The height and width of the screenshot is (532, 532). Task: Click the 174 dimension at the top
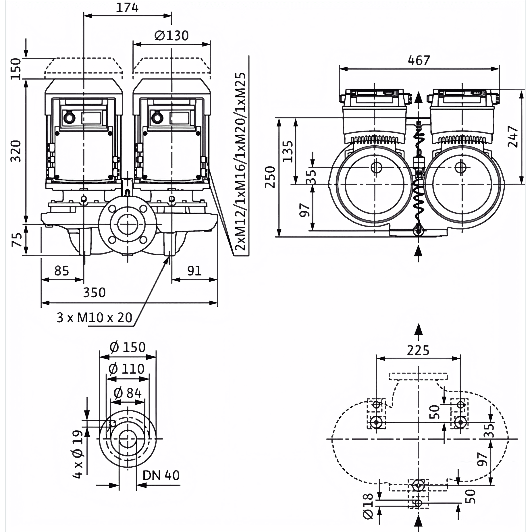(127, 8)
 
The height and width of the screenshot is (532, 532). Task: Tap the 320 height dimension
(16, 151)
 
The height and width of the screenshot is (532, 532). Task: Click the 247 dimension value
(513, 137)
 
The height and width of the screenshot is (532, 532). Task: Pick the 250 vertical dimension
(270, 177)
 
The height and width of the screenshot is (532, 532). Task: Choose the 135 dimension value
(288, 151)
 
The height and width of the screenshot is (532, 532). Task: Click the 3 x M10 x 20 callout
(94, 318)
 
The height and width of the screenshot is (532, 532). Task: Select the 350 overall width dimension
(95, 293)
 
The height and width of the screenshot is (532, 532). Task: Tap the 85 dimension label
(62, 271)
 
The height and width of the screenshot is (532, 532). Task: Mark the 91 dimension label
(194, 271)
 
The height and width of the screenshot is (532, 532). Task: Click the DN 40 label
(161, 475)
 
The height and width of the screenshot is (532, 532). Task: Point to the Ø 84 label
(128, 393)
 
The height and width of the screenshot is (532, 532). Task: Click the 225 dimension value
(418, 351)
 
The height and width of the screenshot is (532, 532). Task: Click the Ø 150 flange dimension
(128, 347)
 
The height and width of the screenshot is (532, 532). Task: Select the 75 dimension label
(17, 240)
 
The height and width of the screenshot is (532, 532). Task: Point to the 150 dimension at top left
(16, 69)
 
